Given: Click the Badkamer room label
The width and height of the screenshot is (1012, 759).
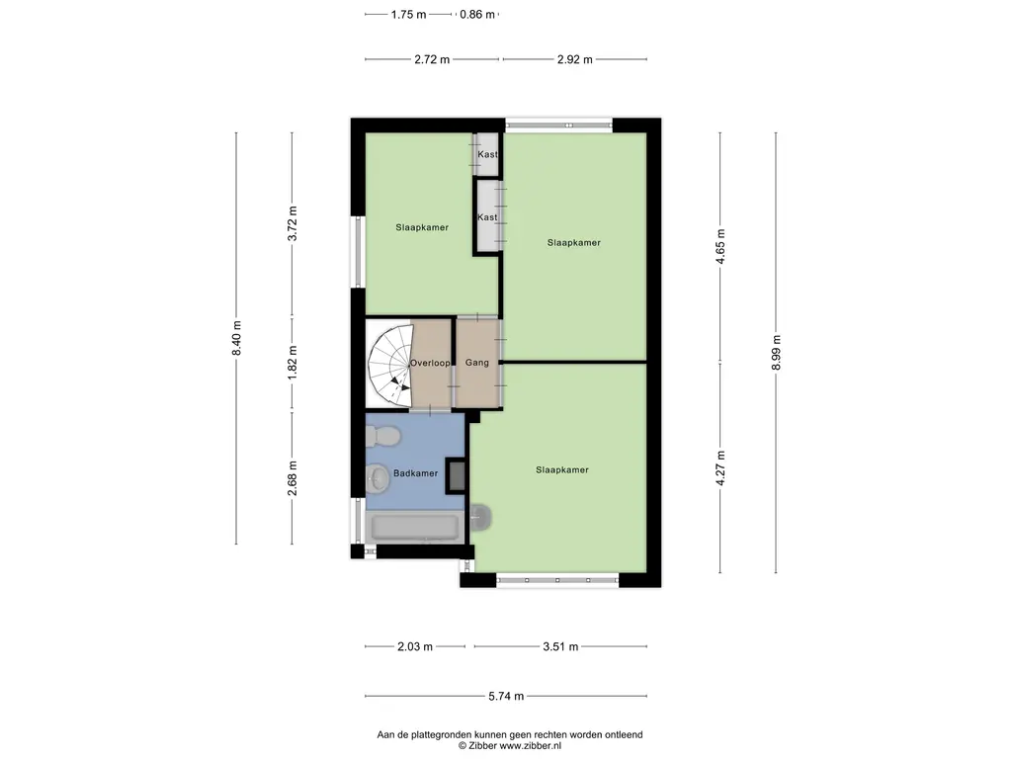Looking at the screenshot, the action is click(x=416, y=473).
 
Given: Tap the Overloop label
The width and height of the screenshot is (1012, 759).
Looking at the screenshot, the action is click(x=431, y=363).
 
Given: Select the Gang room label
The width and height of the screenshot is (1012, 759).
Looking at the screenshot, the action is click(x=477, y=363).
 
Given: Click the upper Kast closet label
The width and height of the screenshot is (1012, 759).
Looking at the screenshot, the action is click(x=488, y=154).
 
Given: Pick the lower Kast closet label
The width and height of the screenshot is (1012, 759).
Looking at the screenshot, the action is click(x=487, y=217).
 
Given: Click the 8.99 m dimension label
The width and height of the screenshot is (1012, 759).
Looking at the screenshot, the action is click(x=777, y=353).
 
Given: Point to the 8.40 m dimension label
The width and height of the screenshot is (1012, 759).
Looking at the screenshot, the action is click(x=236, y=338).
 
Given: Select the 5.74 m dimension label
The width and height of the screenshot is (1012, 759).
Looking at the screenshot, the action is click(x=506, y=697).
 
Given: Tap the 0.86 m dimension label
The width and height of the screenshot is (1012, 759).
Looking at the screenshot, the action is click(x=477, y=14).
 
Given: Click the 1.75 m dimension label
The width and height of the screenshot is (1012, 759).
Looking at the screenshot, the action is click(x=408, y=14).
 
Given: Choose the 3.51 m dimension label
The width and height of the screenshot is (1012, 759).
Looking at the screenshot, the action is click(x=560, y=646).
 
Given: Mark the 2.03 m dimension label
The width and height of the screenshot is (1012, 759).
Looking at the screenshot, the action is click(x=415, y=646).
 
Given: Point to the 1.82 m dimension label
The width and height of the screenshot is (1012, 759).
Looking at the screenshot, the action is click(x=293, y=362).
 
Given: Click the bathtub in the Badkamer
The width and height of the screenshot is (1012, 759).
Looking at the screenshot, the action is click(x=415, y=527).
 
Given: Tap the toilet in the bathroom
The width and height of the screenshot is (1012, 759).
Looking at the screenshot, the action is click(x=383, y=437).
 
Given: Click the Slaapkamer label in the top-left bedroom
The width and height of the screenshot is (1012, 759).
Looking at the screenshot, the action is click(x=422, y=228).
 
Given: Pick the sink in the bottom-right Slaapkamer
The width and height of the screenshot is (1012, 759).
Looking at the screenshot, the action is click(x=480, y=516).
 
